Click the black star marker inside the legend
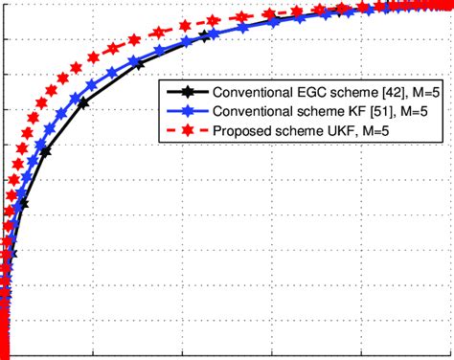(x=186, y=93)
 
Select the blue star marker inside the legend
(x=186, y=112)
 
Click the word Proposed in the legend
(x=239, y=131)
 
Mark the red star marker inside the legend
(x=186, y=131)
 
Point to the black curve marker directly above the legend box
(x=204, y=36)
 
